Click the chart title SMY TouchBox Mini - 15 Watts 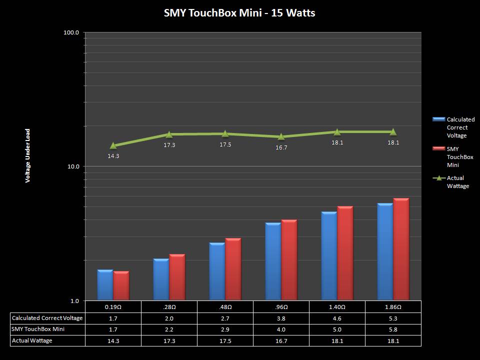[x=239, y=13]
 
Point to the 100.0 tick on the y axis [x=72, y=32]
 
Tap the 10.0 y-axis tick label [x=73, y=166]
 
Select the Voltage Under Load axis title [x=28, y=155]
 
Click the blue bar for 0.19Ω [x=105, y=285]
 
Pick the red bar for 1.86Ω [x=401, y=249]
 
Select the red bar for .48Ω [x=233, y=269]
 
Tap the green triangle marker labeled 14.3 [x=113, y=145]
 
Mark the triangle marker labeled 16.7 [x=281, y=136]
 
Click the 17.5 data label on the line [x=225, y=144]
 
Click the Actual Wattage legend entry [x=453, y=182]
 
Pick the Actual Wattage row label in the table [x=32, y=340]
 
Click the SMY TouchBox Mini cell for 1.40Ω [x=337, y=329]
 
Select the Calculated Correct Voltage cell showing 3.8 [x=281, y=318]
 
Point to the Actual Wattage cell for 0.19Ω [x=113, y=340]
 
